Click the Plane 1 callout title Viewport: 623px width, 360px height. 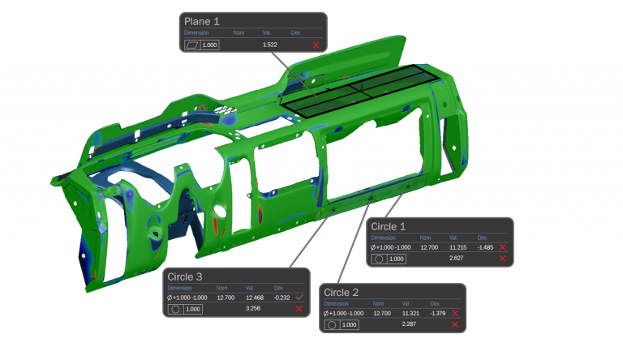coord(203,21)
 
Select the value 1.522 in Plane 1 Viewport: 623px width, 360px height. coord(270,45)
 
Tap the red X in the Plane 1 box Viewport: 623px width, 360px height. coord(316,45)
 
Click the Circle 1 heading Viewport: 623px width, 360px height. coord(389,226)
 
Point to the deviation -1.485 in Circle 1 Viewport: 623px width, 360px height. coord(485,246)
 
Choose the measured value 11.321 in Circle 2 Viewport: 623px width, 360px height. coord(410,313)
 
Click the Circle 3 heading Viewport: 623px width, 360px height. coord(186,277)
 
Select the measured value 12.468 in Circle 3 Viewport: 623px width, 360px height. coord(254,298)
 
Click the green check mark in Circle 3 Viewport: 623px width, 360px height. coord(299,298)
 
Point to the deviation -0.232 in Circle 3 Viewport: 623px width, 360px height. coord(281,298)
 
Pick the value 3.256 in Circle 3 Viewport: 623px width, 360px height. coord(253,309)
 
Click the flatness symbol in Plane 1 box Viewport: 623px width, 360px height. coord(191,45)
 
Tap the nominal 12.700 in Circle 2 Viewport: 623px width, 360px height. coord(381,313)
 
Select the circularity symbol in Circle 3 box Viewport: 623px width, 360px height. coord(174,309)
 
